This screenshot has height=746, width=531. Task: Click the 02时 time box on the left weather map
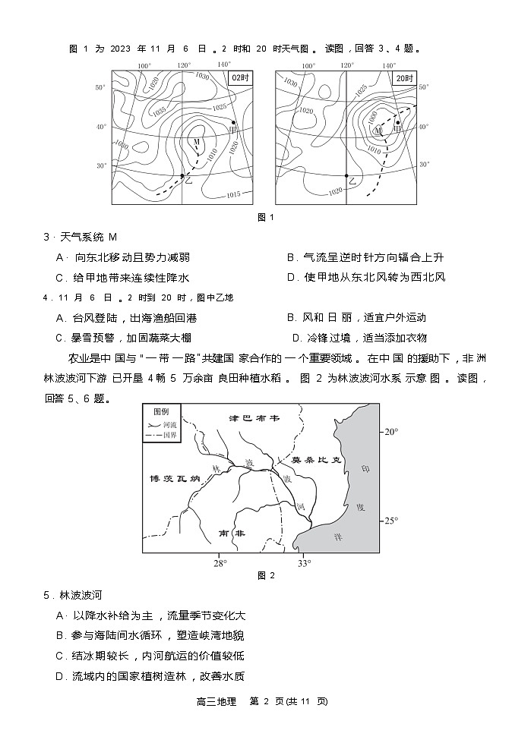(x=241, y=78)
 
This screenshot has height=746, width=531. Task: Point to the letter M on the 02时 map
(x=196, y=142)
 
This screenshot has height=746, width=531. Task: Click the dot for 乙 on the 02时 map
(x=182, y=176)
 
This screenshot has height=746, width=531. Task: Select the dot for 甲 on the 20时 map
(x=397, y=122)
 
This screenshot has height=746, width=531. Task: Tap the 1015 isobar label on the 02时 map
(x=233, y=195)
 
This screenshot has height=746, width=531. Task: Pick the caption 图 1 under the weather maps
(x=265, y=218)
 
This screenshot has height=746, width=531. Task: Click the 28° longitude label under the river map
(x=220, y=563)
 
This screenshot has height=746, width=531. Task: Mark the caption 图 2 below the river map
(x=265, y=575)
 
